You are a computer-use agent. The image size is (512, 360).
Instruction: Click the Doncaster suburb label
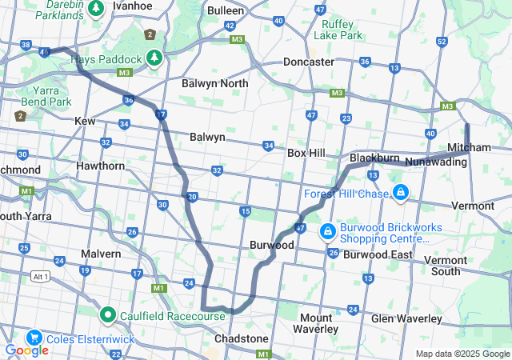click(309, 62)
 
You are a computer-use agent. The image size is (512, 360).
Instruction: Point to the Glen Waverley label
click(406, 318)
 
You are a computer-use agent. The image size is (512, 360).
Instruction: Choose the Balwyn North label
click(214, 83)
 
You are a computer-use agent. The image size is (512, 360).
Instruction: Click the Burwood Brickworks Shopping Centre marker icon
click(327, 232)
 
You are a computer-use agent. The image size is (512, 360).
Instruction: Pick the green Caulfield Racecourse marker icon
click(108, 315)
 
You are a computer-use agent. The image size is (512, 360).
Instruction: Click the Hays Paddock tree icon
click(154, 58)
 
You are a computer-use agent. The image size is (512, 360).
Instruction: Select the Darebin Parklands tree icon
click(96, 9)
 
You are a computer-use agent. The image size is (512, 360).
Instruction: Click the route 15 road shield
click(245, 210)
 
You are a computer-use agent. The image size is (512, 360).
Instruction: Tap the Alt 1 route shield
click(40, 276)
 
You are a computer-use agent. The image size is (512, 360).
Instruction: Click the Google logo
click(26, 350)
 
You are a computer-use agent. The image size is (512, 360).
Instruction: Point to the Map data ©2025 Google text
click(462, 354)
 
